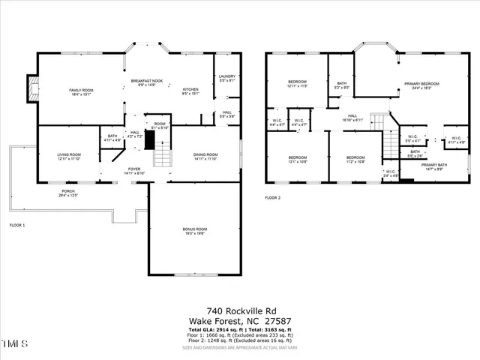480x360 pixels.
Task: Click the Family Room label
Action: pyautogui.click(x=80, y=91)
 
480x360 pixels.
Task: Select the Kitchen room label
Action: pyautogui.click(x=190, y=91)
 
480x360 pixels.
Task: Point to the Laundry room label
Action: pyautogui.click(x=227, y=78)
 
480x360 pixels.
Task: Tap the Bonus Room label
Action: pyautogui.click(x=194, y=231)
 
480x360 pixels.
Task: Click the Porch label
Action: pyautogui.click(x=68, y=193)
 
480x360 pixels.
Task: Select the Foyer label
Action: pyautogui.click(x=133, y=171)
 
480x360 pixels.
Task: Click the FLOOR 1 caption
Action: pyautogui.click(x=17, y=226)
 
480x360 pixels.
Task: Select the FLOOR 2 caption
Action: pyautogui.click(x=272, y=198)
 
